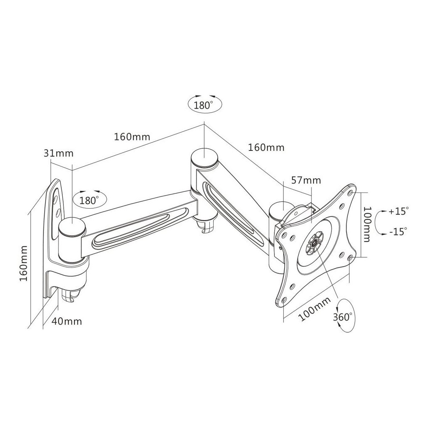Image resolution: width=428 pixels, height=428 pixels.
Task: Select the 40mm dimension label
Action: [67, 321]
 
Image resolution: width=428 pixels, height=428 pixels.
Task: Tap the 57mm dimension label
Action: [306, 180]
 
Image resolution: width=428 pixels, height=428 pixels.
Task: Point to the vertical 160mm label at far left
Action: [23, 263]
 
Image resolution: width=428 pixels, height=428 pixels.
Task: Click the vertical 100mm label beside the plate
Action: [366, 224]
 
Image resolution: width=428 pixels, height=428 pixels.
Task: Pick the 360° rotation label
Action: [343, 317]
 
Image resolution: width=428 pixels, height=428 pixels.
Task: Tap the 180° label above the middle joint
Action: [204, 105]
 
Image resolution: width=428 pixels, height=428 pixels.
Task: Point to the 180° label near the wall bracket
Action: [89, 201]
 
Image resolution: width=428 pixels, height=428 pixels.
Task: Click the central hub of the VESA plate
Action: [315, 242]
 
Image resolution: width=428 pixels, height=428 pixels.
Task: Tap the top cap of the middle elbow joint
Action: [204, 158]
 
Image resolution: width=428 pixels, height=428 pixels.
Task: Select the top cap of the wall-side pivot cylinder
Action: [72, 227]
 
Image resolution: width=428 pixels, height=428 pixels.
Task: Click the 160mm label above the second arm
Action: [266, 148]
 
